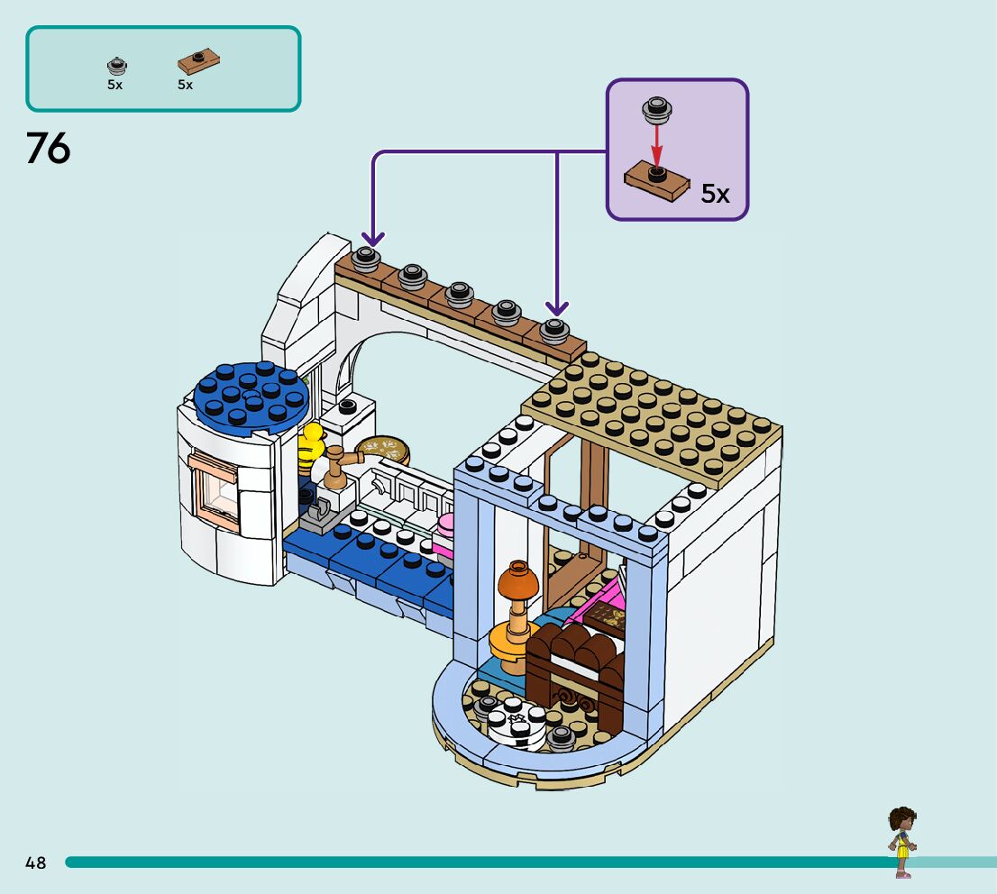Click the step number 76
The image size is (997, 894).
point(49,149)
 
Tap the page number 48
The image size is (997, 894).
point(36,862)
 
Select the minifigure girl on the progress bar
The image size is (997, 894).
point(901,842)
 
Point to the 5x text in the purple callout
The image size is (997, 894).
point(715,194)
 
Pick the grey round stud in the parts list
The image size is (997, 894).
point(114,65)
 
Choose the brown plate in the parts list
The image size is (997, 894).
point(200,62)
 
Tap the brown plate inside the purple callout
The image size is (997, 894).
point(656,181)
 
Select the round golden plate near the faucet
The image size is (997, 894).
point(382,449)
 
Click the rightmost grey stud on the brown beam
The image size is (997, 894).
point(553,331)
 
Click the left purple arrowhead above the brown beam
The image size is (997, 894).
point(373,238)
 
